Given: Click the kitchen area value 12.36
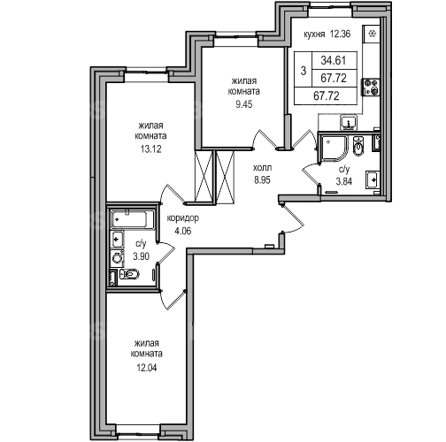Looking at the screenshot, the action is pos(340,34).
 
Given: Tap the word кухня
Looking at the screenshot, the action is pos(314,34).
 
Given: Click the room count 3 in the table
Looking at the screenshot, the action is pos(304,71).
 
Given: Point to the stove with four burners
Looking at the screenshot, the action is pos(372,87).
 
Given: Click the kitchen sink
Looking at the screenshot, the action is pos(349,122).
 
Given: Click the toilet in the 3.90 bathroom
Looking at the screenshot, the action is pos(129,274).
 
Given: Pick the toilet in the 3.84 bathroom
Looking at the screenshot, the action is pos(358,146).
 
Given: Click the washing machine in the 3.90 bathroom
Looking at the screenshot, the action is pos(117,258).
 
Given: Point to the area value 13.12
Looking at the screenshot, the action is pos(150,149).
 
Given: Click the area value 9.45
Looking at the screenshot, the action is pos(244,104).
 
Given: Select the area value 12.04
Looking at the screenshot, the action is pos(147,368).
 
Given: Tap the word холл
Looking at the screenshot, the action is pos(262,168).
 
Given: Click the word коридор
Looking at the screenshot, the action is pos(183,218).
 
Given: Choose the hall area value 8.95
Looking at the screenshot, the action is pos(262,180).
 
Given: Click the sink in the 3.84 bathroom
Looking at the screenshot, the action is pos(373,179).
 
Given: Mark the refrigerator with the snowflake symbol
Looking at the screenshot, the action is pos(372,34).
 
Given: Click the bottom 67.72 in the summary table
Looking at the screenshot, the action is pos(327,95).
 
